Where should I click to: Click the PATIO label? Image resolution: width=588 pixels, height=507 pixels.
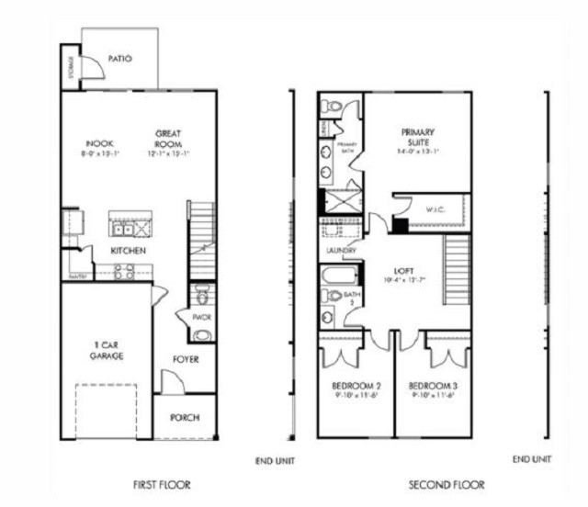(x=120, y=59)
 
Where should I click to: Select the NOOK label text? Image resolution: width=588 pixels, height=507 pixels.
(x=99, y=144)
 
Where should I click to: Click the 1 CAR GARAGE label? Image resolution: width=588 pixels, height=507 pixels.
(x=107, y=350)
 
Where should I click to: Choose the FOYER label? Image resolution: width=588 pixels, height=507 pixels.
(x=187, y=359)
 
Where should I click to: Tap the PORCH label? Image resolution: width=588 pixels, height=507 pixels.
(x=186, y=417)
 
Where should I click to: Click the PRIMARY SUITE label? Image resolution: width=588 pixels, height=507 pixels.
(x=417, y=137)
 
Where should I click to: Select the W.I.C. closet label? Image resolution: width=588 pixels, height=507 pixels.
(x=435, y=209)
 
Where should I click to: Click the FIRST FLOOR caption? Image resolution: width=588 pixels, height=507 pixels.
(x=163, y=484)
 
